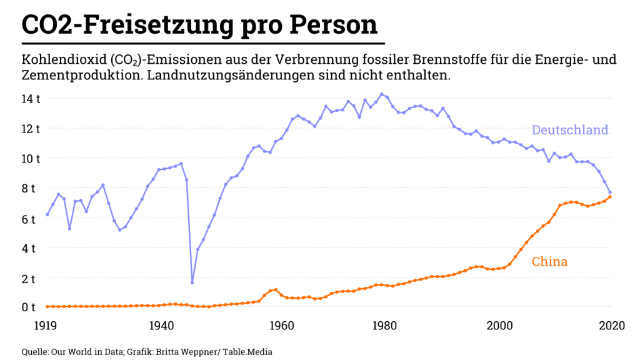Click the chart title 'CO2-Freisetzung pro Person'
pyautogui.click(x=199, y=24)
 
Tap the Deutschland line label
pyautogui.click(x=569, y=130)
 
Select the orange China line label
pyautogui.click(x=549, y=261)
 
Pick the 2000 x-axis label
pyautogui.click(x=500, y=326)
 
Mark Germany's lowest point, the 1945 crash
pyautogui.click(x=192, y=282)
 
